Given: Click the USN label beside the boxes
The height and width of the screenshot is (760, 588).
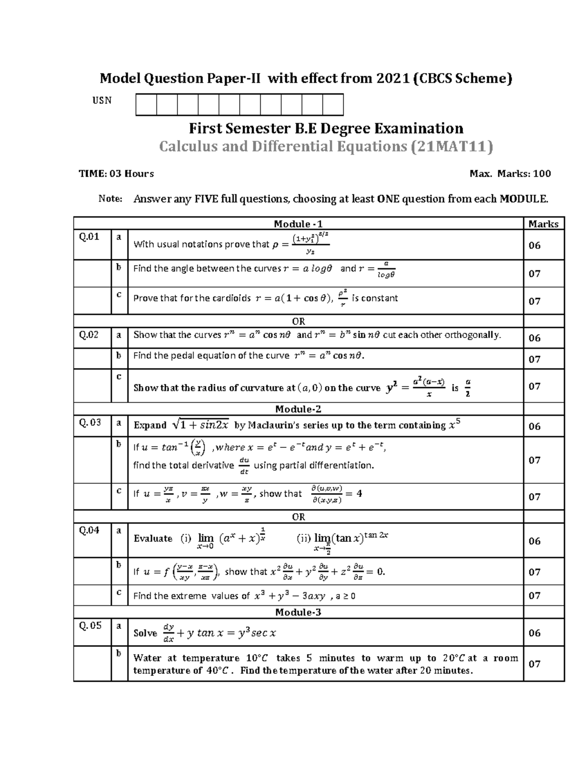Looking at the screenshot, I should coord(102,100).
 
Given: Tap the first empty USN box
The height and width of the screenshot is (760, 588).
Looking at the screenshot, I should coord(146,105).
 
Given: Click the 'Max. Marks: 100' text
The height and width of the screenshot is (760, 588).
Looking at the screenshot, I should coord(510,174).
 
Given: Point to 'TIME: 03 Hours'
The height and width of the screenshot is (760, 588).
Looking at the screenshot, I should coord(116,174).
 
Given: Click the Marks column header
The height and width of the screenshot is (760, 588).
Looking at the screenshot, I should coord(543,224).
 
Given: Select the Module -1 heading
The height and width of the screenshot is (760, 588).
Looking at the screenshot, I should coord(298,224).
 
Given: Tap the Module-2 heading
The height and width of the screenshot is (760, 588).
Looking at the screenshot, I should coord(298,409).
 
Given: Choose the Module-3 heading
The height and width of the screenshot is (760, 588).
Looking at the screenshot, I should coord(298,612).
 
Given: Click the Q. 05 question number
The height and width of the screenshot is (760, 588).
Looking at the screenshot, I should coord(90,625).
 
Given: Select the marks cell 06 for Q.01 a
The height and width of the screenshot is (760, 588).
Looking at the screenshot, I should coord(534,245).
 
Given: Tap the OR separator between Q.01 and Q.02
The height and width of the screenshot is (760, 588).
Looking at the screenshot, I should coord(298,322).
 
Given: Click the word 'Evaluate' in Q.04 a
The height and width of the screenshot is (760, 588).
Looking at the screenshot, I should coord(153,538).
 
